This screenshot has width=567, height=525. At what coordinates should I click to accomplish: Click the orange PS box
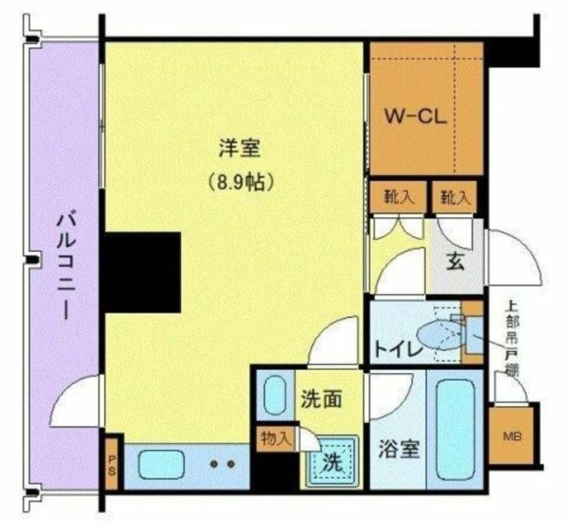click(112, 465)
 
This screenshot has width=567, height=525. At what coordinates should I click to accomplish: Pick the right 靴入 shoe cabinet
click(454, 198)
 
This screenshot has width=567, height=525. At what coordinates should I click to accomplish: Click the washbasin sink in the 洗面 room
click(275, 396)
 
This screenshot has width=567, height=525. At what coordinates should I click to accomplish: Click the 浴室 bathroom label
click(397, 449)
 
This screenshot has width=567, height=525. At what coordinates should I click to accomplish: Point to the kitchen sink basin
click(161, 464)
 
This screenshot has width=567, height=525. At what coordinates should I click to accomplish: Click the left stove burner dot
click(213, 464)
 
